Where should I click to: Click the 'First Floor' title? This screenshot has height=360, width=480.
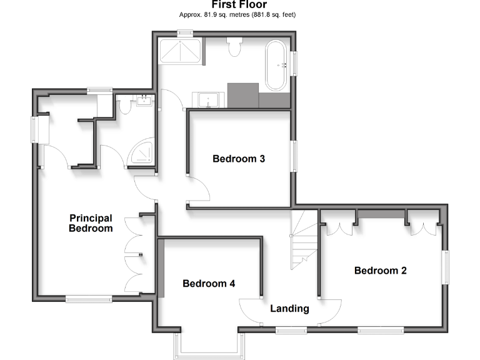[239, 5]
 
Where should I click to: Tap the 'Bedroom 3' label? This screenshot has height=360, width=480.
[239, 159]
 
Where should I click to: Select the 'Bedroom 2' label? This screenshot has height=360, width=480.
[381, 271]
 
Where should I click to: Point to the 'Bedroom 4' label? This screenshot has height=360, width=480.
[209, 284]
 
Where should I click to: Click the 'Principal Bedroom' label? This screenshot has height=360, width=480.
[91, 223]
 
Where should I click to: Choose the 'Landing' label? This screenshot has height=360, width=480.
[289, 309]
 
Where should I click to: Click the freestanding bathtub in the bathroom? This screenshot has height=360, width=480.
[276, 65]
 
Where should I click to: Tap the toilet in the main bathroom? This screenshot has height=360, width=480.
[236, 47]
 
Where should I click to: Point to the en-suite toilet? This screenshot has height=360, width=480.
[124, 107]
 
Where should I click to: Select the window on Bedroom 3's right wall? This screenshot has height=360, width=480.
[294, 156]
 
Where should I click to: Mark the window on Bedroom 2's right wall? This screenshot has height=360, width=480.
[446, 267]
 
